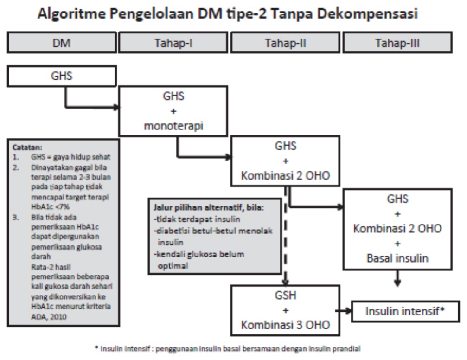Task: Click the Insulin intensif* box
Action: [x=405, y=311]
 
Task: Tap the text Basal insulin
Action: [x=397, y=258]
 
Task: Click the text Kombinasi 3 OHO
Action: [x=285, y=325]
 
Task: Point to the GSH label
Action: [x=285, y=296]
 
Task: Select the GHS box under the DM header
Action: [x=61, y=76]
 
